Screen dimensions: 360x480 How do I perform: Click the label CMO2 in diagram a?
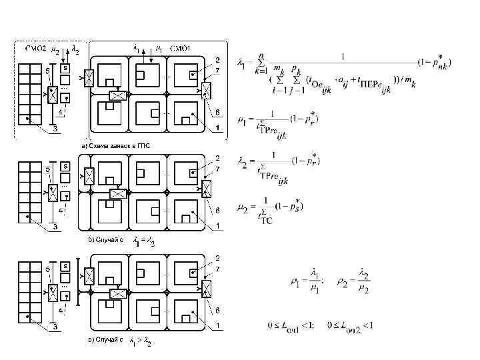[35, 48]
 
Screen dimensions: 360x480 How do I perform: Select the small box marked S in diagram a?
[65, 67]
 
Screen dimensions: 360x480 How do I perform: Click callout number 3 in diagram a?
[55, 128]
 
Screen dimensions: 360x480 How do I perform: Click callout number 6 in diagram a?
[217, 111]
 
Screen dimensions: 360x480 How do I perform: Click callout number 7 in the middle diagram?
[217, 170]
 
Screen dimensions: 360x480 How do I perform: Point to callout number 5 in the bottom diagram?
[47, 269]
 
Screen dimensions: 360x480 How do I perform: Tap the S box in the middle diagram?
[65, 165]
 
